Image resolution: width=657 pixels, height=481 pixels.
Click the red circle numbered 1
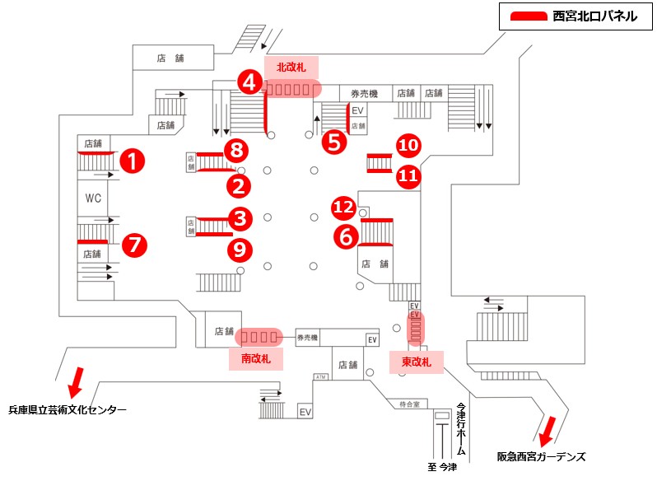(x=131, y=161)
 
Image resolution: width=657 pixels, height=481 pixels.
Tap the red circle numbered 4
(x=250, y=82)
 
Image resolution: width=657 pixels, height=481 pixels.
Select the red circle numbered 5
(x=333, y=142)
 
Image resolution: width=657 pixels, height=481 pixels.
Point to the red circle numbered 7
(x=133, y=245)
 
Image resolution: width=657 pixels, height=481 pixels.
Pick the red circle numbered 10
(x=408, y=146)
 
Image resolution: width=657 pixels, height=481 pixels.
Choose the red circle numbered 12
(x=343, y=207)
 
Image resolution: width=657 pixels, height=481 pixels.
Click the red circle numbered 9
(x=240, y=248)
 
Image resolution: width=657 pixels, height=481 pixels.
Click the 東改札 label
(x=416, y=361)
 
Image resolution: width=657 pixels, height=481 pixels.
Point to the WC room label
(x=92, y=198)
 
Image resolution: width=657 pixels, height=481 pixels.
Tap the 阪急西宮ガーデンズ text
(x=541, y=455)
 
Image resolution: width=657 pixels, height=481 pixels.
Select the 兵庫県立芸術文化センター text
(x=68, y=409)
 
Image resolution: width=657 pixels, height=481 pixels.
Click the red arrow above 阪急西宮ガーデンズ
(x=545, y=429)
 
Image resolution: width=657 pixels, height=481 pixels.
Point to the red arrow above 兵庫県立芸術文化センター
(x=73, y=381)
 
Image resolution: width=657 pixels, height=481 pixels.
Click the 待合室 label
(x=410, y=404)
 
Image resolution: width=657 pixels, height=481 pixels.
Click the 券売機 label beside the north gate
(x=363, y=93)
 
